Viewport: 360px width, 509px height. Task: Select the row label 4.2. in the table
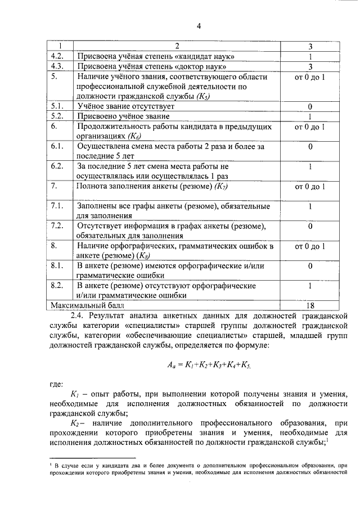point(58,56)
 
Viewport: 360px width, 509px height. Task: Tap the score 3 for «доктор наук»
point(310,66)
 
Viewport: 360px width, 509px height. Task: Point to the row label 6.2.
point(58,166)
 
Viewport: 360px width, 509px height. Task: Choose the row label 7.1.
point(58,206)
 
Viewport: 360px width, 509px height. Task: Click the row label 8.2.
point(58,286)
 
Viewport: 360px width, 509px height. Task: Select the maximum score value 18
point(310,305)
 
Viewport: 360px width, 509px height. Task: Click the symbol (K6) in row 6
point(134,136)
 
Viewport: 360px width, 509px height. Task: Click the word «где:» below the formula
point(57,385)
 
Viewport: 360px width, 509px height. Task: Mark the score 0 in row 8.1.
point(310,265)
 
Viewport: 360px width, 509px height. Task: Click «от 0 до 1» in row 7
point(310,186)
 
